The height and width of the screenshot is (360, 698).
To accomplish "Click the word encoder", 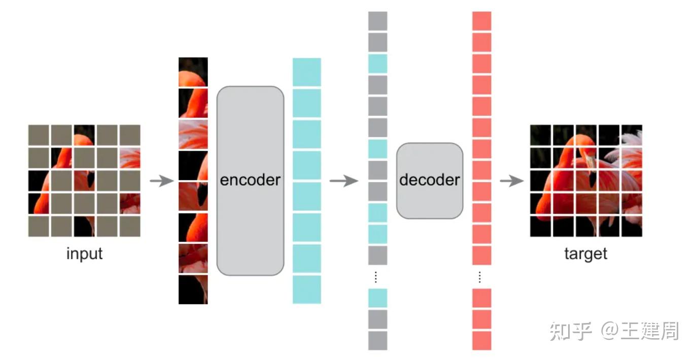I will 250,180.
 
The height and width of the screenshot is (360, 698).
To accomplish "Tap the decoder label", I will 430,180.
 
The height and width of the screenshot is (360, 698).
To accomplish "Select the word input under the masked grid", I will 84,253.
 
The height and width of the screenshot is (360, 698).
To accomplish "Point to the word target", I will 585,253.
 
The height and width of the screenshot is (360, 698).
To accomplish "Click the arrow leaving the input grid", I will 162,181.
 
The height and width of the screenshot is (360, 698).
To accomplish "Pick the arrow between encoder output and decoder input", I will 343,181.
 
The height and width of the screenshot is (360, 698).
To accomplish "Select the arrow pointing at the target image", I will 511,181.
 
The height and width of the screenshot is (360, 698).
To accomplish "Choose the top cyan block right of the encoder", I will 307,72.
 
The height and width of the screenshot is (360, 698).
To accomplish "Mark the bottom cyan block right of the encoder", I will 307,290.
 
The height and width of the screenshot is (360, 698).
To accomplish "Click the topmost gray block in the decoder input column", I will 377,21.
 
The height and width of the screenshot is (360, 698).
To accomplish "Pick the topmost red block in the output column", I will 481,21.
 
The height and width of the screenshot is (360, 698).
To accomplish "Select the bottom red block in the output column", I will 481,340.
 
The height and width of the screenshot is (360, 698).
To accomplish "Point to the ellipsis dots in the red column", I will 480,277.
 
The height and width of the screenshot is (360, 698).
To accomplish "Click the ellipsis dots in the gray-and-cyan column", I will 376,277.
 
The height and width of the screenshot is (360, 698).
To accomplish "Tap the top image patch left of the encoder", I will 193,72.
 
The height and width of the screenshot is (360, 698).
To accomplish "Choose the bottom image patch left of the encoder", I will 193,290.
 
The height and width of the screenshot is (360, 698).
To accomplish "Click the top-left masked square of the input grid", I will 39,135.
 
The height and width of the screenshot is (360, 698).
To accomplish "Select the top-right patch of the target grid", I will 632,135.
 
